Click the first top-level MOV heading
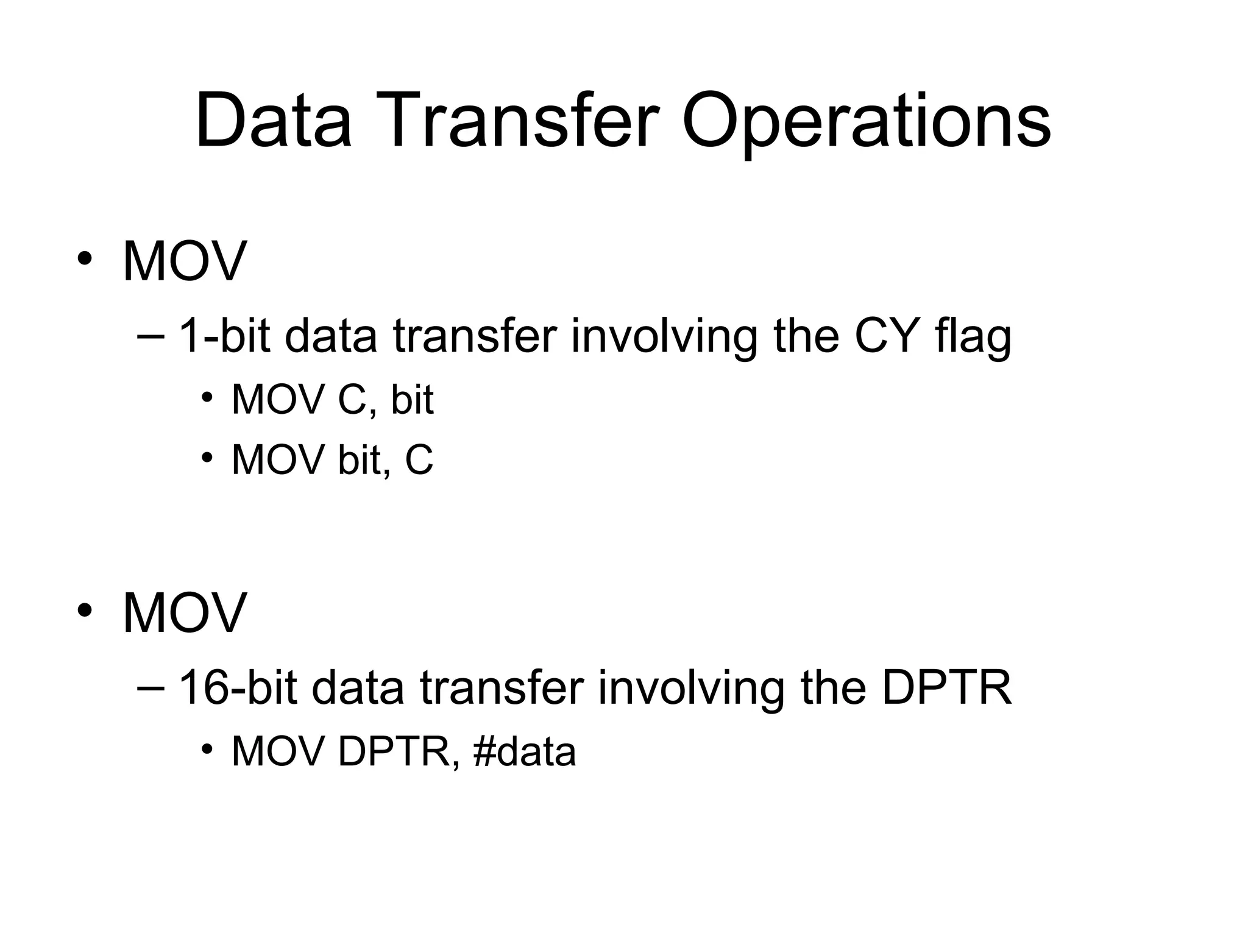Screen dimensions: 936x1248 pyautogui.click(x=184, y=261)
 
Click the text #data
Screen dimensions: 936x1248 pyautogui.click(x=524, y=751)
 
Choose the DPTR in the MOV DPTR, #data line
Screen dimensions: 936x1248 pyautogui.click(x=393, y=751)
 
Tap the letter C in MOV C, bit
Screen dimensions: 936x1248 pyautogui.click(x=350, y=401)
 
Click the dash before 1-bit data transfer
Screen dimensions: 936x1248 pyautogui.click(x=151, y=337)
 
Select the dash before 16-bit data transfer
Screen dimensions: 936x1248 pyautogui.click(x=151, y=688)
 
